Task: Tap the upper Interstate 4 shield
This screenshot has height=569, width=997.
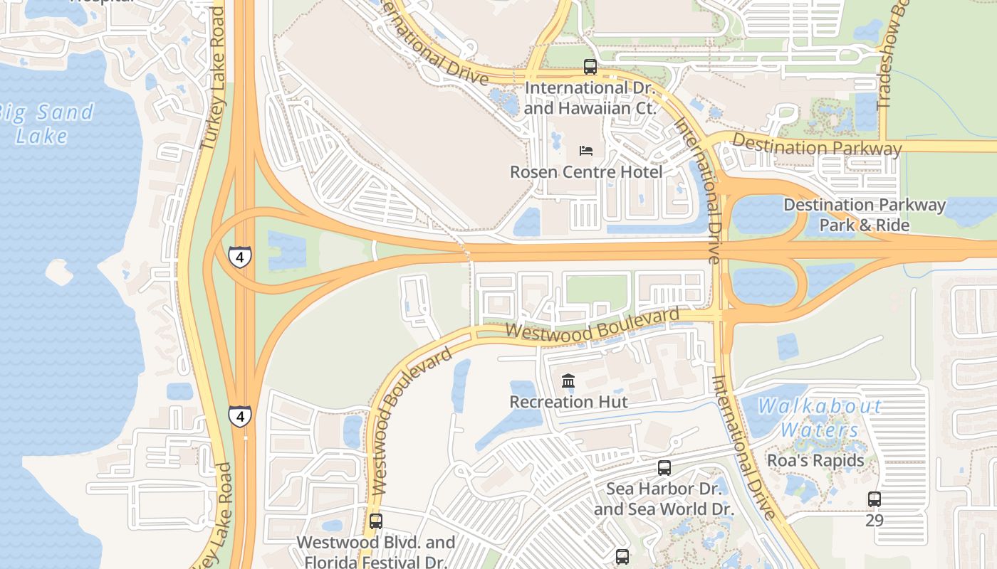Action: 240,256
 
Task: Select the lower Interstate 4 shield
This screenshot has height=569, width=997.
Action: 240,415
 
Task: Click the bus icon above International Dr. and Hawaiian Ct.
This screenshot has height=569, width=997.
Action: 590,67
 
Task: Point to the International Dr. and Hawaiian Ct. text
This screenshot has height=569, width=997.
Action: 589,98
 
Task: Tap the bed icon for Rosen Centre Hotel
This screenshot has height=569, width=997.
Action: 585,150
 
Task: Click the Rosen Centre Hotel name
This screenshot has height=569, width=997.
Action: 585,172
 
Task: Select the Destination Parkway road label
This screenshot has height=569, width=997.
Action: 816,146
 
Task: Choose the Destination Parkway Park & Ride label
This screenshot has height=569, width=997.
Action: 864,215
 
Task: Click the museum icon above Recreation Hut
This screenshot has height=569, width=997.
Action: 568,381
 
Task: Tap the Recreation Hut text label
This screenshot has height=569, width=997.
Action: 568,402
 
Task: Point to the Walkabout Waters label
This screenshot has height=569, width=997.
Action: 819,418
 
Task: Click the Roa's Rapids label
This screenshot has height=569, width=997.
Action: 815,460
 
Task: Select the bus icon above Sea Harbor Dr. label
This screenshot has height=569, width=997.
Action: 664,467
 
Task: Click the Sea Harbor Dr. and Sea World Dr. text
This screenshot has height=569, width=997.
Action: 663,499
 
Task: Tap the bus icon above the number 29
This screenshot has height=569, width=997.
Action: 874,499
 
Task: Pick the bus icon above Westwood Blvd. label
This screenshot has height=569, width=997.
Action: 375,521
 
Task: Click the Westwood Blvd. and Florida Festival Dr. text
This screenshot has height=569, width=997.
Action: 375,552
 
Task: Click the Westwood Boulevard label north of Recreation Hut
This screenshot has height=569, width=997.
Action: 592,324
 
